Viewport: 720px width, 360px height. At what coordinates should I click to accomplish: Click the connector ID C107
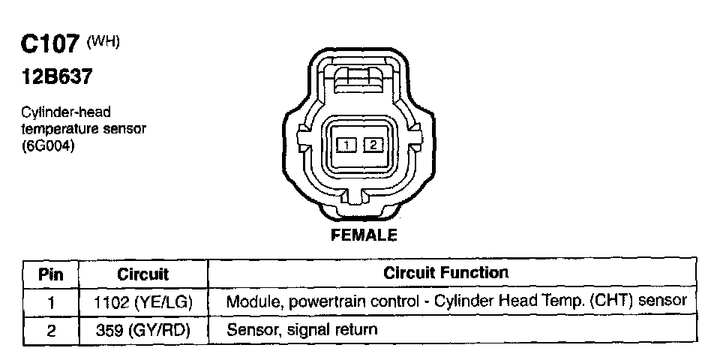[49, 46]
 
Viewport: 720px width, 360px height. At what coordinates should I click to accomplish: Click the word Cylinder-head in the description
[66, 112]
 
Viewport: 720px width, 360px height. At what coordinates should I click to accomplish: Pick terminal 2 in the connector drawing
[373, 144]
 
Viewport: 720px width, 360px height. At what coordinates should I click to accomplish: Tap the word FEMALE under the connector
[364, 235]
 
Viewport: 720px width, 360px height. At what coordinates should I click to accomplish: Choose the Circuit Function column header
[445, 273]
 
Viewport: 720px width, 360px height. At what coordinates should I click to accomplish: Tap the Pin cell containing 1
[52, 302]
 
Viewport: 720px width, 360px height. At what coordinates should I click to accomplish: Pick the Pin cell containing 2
[52, 329]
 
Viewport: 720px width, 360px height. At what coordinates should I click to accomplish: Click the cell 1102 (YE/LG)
[143, 302]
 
